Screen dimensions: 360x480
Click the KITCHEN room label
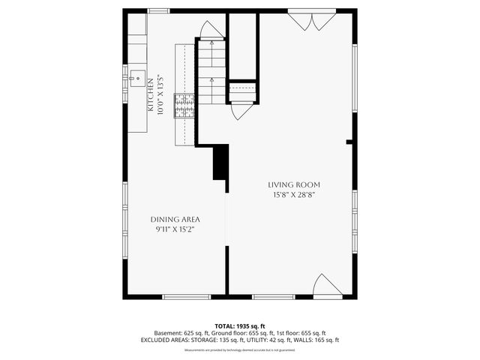click(150, 95)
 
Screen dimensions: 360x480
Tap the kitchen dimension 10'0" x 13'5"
click(159, 95)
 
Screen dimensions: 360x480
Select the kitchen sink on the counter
click(137, 76)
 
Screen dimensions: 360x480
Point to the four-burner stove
click(184, 106)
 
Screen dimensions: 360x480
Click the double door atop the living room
click(311, 20)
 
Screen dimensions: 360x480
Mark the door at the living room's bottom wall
click(327, 286)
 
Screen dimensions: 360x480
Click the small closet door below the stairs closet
click(242, 111)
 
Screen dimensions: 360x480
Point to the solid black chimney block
click(220, 162)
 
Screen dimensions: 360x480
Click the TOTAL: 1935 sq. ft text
click(240, 325)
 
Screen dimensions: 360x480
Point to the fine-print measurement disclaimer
click(240, 349)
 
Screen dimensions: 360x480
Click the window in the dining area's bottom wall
click(186, 297)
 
